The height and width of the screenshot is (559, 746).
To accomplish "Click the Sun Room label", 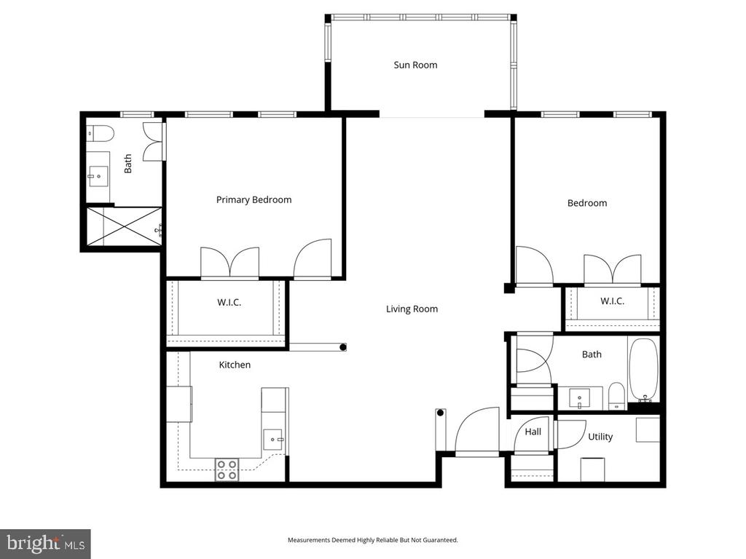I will click(415, 65).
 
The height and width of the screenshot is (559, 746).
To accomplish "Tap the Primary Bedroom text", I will click(254, 199).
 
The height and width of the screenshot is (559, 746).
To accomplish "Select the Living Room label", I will click(412, 309).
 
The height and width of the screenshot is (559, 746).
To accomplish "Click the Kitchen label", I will click(235, 365).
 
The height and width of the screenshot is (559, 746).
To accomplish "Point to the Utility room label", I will click(600, 437).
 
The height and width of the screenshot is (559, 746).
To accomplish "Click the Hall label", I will click(533, 432).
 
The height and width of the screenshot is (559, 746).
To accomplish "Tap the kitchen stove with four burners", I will click(227, 469).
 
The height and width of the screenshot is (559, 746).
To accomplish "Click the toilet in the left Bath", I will click(99, 133).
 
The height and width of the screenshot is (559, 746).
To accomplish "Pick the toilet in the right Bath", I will click(616, 395).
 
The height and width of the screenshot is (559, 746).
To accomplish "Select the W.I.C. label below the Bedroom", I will click(612, 301).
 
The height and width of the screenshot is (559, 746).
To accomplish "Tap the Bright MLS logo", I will click(45, 543).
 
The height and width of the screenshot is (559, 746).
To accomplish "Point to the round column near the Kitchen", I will click(342, 347).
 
